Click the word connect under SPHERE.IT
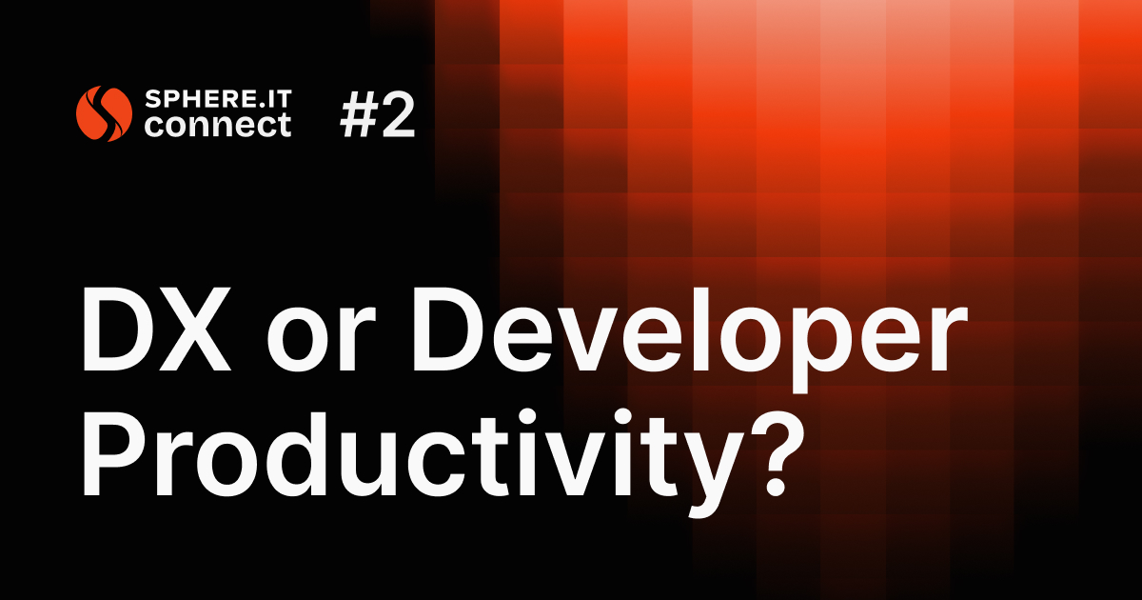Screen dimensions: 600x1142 [x=218, y=126]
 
